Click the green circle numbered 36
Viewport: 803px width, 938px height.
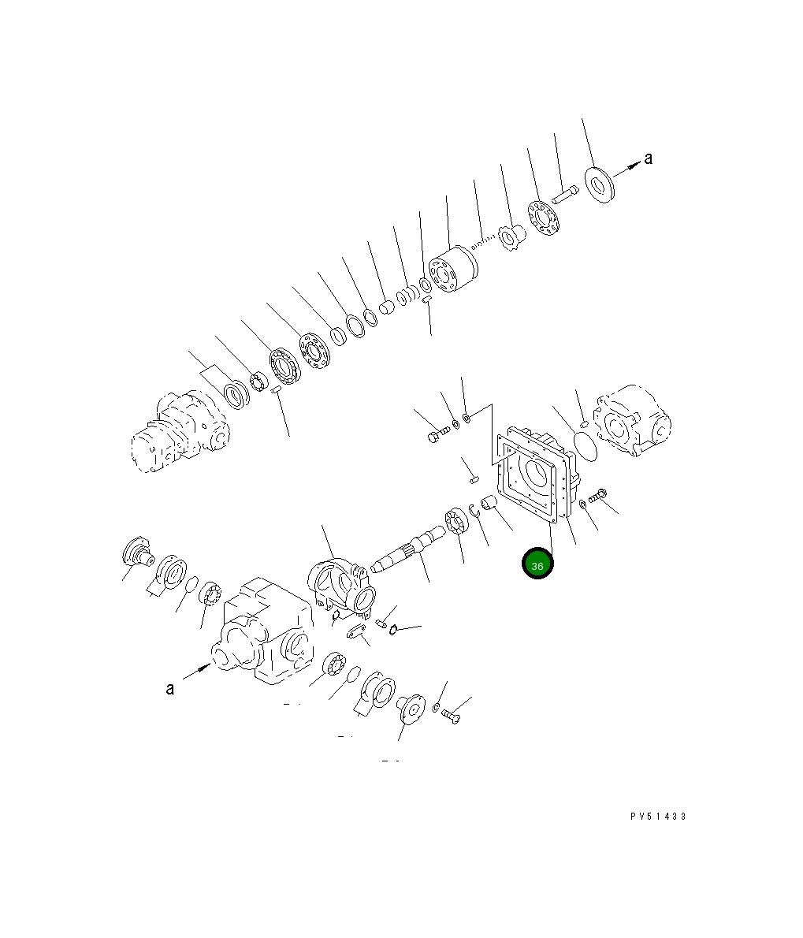(537, 564)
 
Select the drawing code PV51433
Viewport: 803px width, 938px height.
(658, 816)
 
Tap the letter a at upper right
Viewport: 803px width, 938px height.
(648, 158)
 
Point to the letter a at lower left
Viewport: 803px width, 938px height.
(170, 689)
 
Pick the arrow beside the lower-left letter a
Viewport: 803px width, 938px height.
(197, 671)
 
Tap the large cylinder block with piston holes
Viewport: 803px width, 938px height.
(452, 270)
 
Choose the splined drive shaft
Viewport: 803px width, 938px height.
(407, 549)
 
